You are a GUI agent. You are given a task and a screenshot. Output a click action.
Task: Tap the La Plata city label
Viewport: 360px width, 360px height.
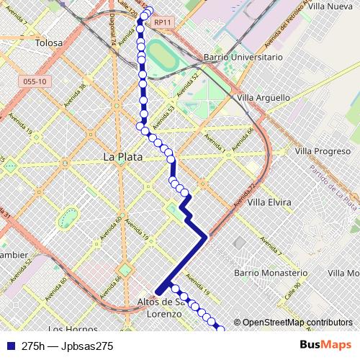[x=122, y=156]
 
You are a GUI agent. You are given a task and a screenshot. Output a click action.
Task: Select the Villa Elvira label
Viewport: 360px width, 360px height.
[x=269, y=202]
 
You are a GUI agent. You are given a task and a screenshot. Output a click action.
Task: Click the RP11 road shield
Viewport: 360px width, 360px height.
[x=162, y=22]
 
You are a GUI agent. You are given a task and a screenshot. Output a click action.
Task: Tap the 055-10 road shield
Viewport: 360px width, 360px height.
[x=35, y=81]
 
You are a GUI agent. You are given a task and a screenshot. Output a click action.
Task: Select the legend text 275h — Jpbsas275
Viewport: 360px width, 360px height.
[x=68, y=346]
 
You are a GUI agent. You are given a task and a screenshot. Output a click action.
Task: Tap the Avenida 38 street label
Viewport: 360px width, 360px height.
[x=75, y=93]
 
